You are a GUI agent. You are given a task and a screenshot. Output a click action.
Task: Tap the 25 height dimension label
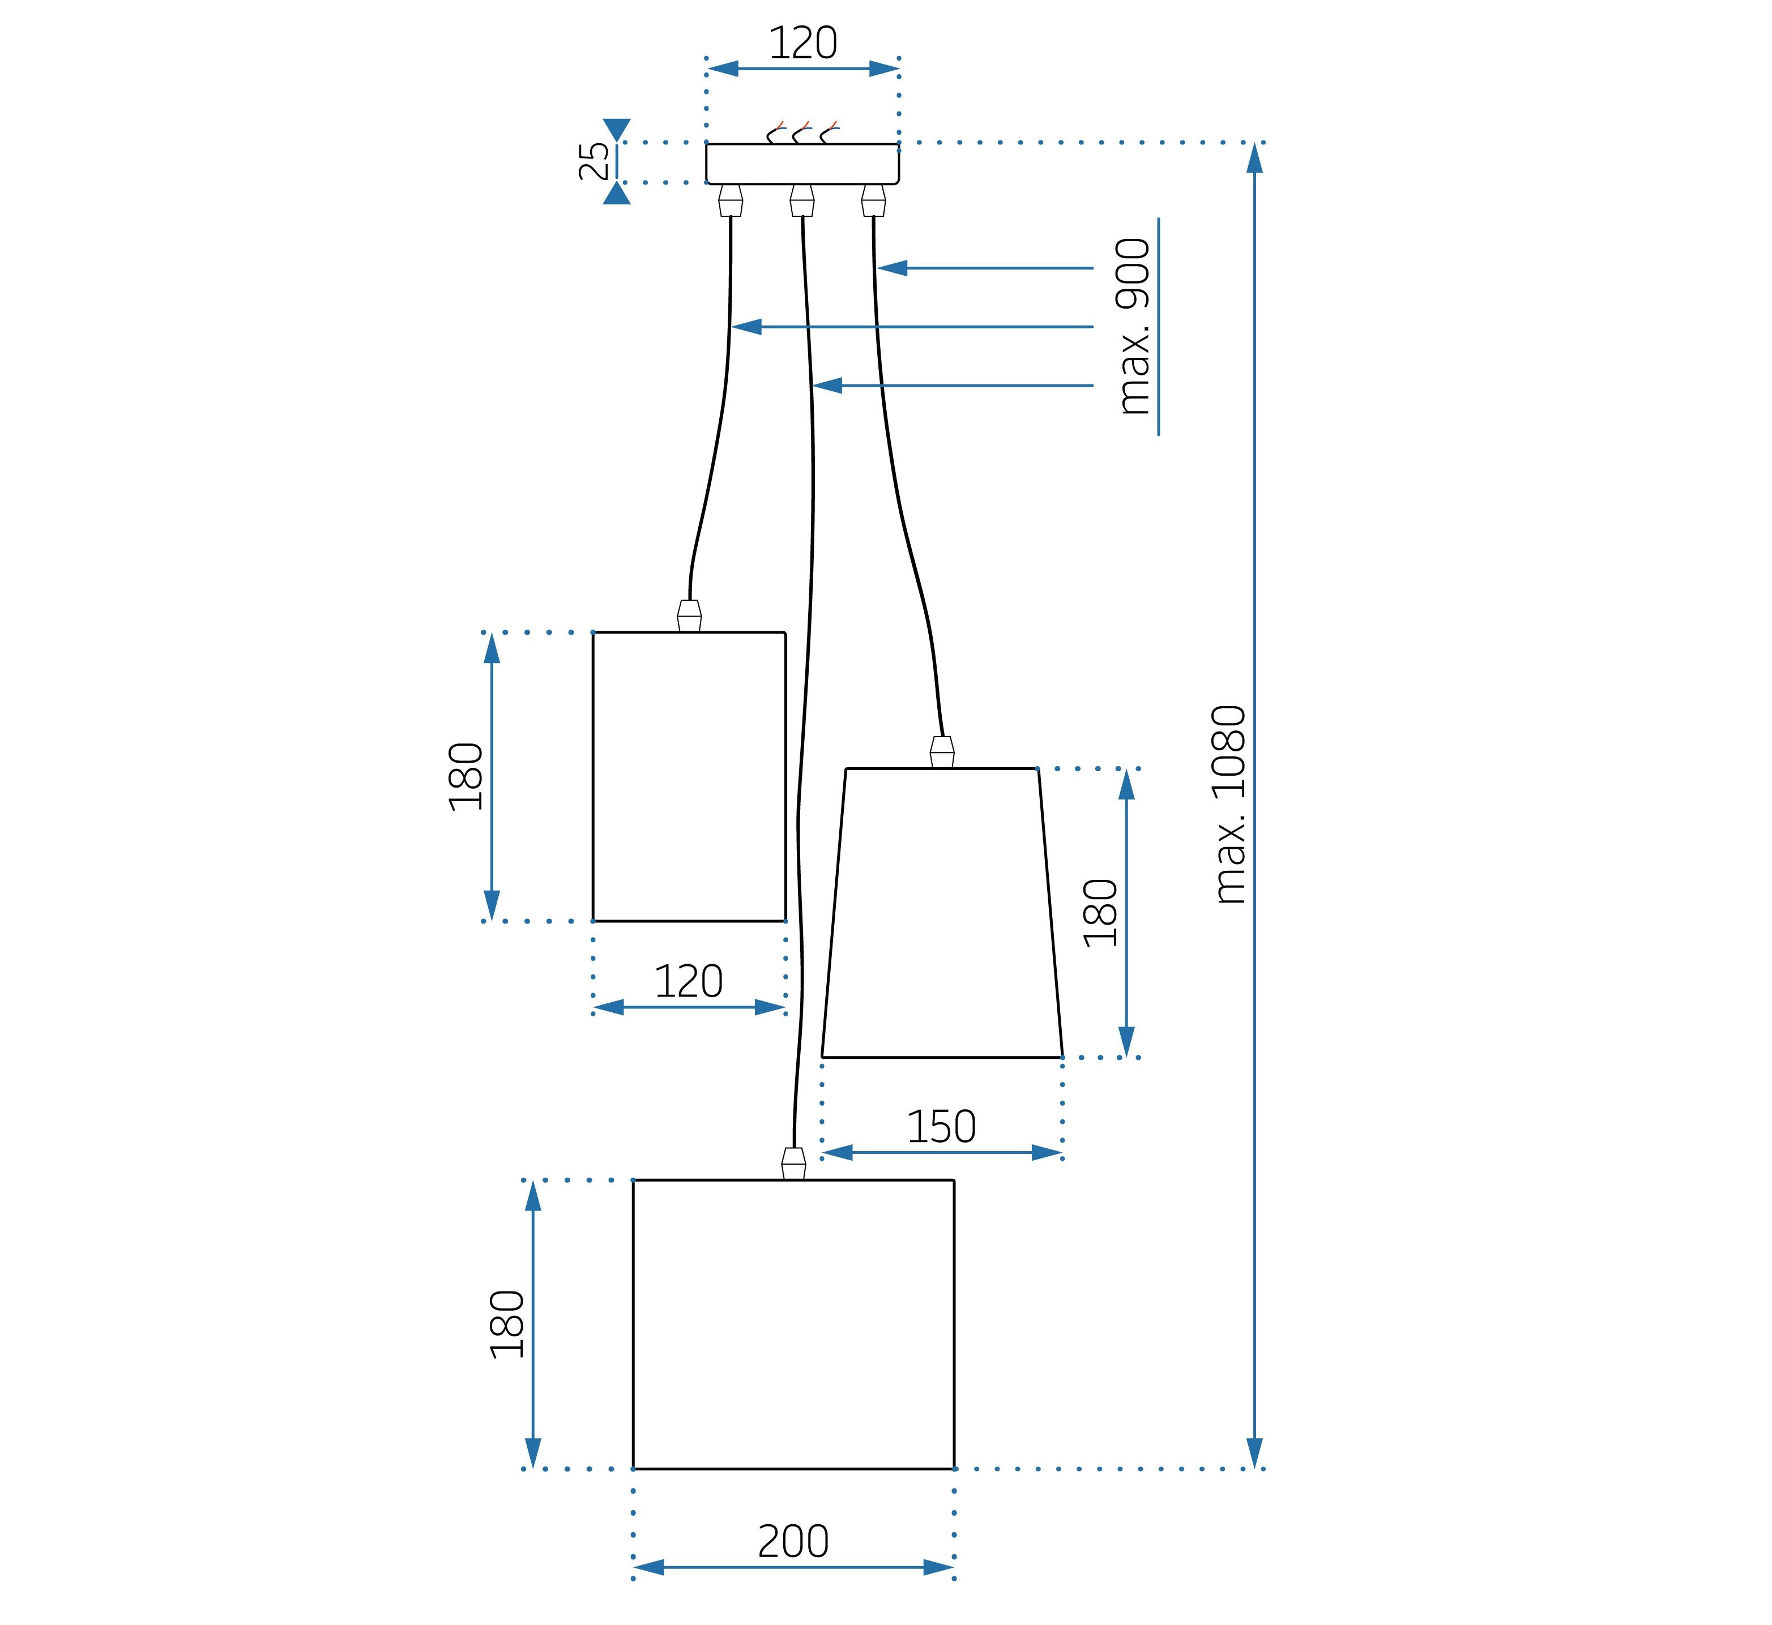(595, 161)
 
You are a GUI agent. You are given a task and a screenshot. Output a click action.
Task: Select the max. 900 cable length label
(1134, 326)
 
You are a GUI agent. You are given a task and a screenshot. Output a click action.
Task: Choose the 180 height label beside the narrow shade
(466, 776)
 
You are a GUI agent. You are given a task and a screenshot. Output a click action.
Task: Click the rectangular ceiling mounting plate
(802, 164)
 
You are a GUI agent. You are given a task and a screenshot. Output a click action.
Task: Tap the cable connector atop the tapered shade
(942, 752)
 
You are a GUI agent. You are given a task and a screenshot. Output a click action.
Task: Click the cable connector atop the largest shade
(793, 1164)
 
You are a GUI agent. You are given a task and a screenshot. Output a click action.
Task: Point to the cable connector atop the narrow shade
(689, 615)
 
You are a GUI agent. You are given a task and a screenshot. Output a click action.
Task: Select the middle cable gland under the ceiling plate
(802, 200)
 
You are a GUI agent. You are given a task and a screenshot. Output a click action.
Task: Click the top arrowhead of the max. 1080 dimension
(1255, 159)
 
